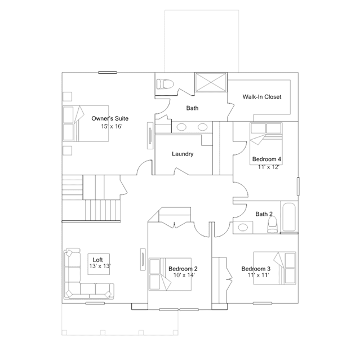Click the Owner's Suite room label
point(110,118)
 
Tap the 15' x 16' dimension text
point(112,127)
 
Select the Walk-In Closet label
point(262,97)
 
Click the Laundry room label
point(183,154)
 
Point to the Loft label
point(97,260)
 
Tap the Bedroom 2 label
point(183,269)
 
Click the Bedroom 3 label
point(256,269)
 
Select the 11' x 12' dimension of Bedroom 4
point(268,167)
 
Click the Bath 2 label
point(264,214)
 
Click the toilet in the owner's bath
point(165,84)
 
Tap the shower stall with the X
point(211,82)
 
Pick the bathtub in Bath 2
point(289,217)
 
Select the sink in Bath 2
point(243,228)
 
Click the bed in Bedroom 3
point(274,268)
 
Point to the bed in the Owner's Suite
point(86,123)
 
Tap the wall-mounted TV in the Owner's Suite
point(150,135)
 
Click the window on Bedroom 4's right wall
point(298,186)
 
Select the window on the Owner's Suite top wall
point(108,73)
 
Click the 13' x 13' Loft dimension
point(100,266)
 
